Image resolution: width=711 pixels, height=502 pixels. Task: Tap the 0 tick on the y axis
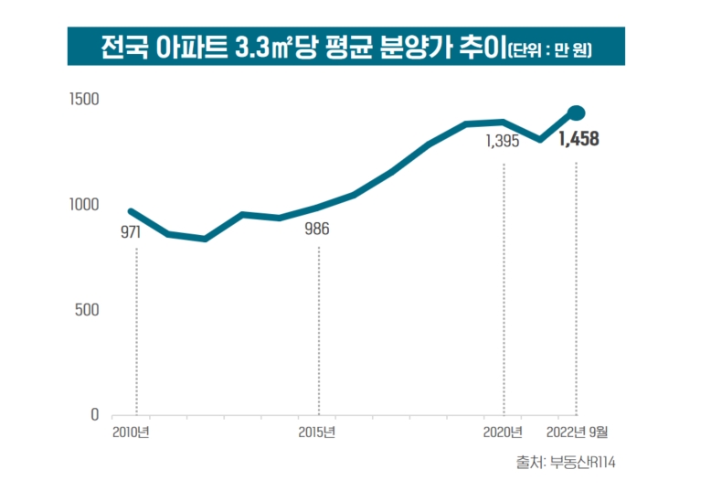point(93,415)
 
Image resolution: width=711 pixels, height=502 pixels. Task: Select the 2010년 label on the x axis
point(133,433)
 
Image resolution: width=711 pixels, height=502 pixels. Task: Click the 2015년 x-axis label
point(317,433)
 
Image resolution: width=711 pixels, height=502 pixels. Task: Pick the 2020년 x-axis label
point(503,433)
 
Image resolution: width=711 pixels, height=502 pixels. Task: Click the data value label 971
point(131,231)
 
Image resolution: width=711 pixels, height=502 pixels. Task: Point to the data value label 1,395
point(503,142)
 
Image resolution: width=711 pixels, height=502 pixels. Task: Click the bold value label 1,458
point(578,141)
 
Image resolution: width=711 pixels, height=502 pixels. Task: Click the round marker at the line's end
point(577,112)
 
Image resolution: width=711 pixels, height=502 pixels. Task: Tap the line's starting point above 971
point(131,211)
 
